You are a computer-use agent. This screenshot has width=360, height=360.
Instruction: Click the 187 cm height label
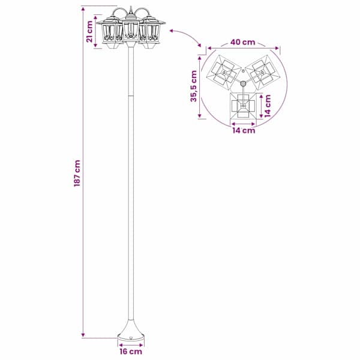77,173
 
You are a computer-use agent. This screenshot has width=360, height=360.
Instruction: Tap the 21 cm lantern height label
89,31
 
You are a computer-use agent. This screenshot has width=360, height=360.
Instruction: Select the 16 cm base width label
131,352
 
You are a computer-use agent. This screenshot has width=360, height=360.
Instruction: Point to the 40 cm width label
242,42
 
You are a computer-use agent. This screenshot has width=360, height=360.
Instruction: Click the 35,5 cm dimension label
194,86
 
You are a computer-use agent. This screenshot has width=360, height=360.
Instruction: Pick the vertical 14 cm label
268,106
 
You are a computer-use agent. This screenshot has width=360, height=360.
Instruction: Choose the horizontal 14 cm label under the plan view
244,130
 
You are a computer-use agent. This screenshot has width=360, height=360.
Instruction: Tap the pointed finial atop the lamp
131,10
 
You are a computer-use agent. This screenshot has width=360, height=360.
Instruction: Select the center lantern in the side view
131,30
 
